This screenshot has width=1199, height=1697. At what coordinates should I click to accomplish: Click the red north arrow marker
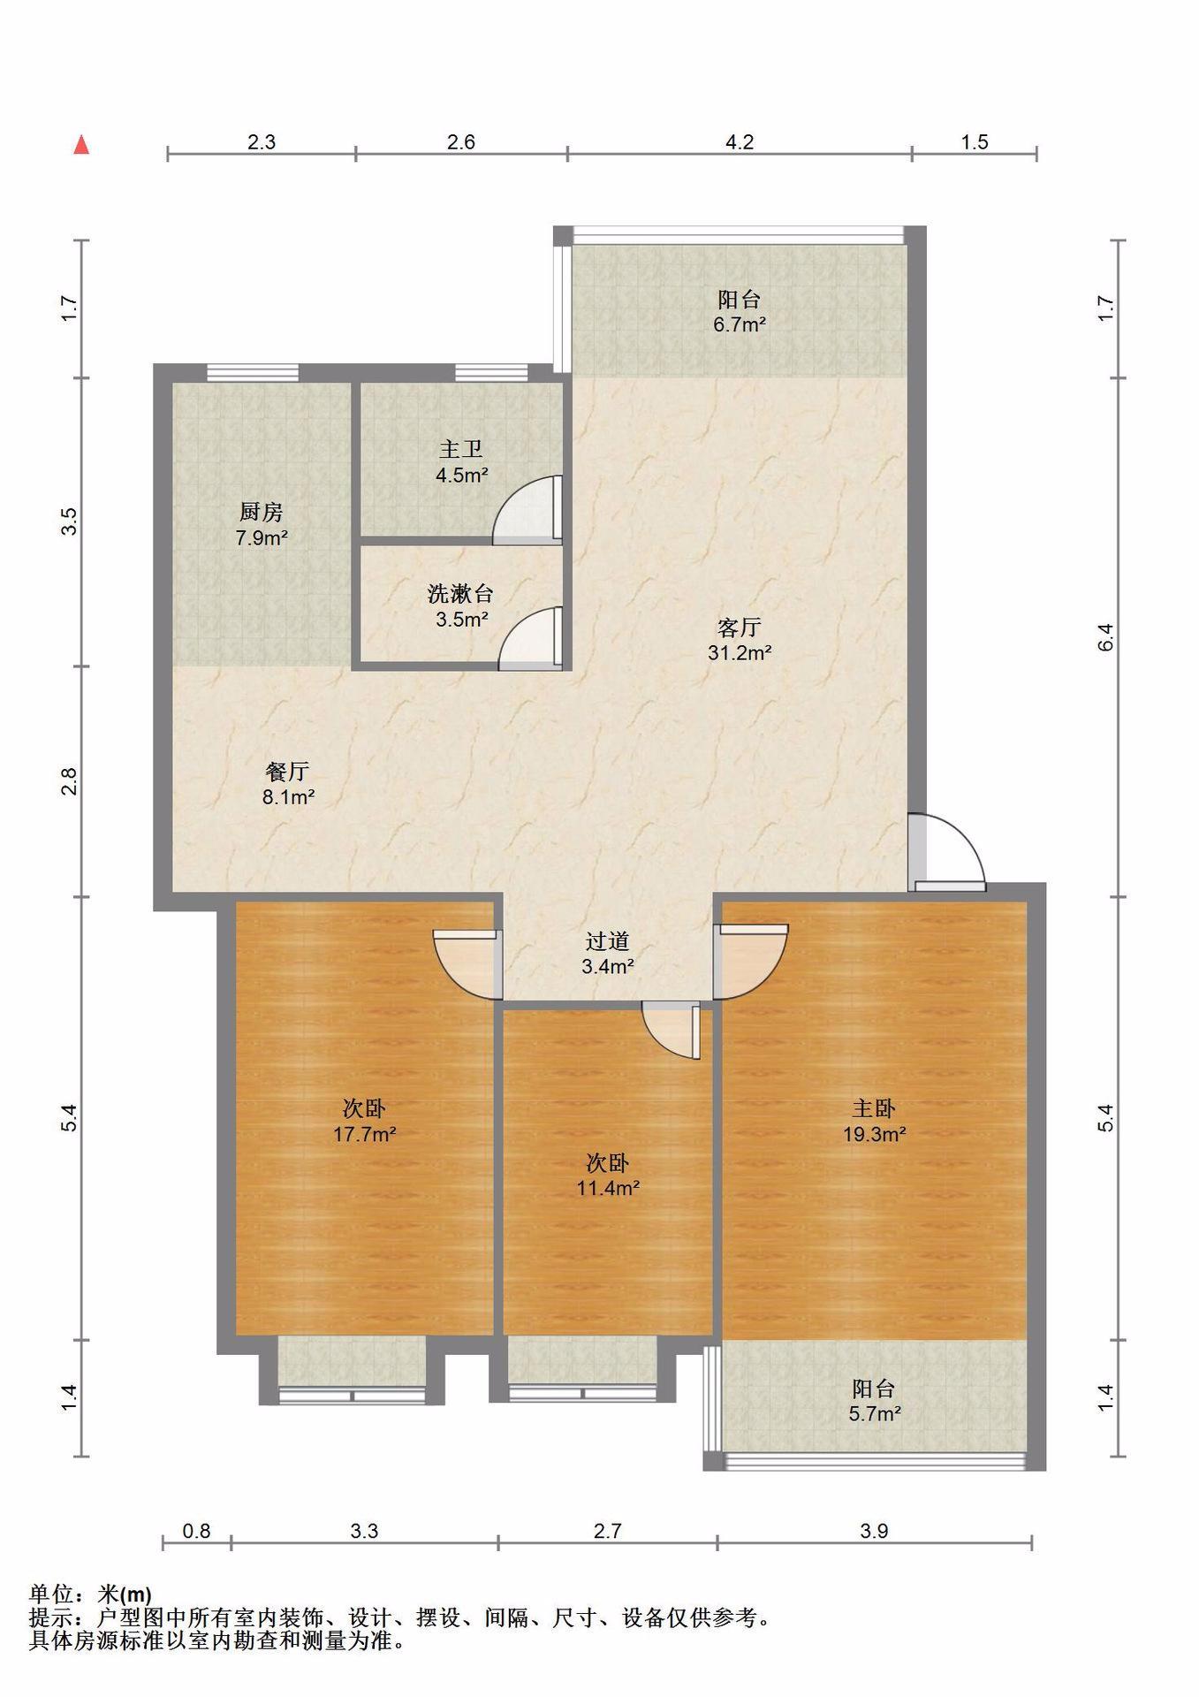[81, 144]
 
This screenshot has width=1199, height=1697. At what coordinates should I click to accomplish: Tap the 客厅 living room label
[739, 628]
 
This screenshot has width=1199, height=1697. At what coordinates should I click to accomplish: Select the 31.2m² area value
[740, 653]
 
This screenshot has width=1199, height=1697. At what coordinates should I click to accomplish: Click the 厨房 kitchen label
[262, 512]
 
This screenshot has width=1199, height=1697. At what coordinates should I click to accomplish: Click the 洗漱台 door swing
[531, 637]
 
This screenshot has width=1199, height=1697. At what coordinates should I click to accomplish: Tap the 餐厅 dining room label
[288, 771]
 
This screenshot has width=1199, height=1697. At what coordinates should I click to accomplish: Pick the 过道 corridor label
[607, 941]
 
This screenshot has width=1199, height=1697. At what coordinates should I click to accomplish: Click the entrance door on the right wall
[946, 852]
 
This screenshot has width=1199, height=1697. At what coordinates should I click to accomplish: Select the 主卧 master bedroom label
[874, 1107]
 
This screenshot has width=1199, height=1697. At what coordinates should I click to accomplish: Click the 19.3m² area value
[874, 1134]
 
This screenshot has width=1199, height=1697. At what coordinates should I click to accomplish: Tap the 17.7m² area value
[364, 1134]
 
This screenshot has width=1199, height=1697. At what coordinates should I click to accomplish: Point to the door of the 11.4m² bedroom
[672, 1031]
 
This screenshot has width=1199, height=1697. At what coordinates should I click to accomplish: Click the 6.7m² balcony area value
[740, 324]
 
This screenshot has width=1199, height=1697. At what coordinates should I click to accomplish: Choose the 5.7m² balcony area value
[875, 1413]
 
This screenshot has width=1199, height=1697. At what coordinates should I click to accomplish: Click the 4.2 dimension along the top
[740, 141]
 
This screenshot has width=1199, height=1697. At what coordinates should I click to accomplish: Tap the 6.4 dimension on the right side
[1105, 637]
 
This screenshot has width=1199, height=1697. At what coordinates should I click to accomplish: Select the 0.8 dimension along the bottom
[196, 1531]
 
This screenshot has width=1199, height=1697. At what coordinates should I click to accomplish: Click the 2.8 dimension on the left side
[70, 781]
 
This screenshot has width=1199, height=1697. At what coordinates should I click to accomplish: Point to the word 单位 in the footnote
[50, 1594]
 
